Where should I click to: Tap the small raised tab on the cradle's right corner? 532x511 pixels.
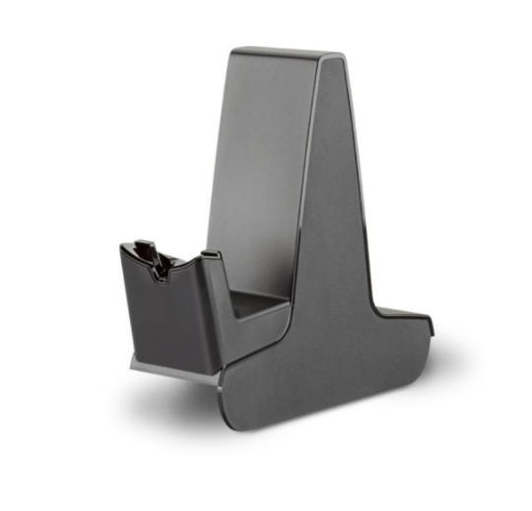[209, 258]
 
